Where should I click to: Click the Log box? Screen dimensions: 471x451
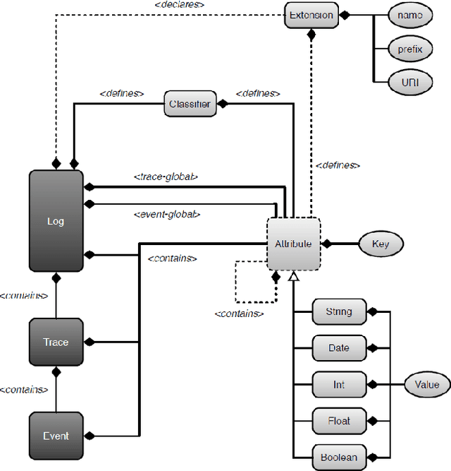pyautogui.click(x=56, y=220)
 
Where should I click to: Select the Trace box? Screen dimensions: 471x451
pyautogui.click(x=56, y=342)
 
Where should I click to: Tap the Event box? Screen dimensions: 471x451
pyautogui.click(x=56, y=436)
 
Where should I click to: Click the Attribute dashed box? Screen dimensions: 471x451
pyautogui.click(x=293, y=244)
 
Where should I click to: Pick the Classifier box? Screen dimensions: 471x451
pyautogui.click(x=190, y=104)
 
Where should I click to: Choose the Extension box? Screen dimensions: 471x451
pyautogui.click(x=311, y=15)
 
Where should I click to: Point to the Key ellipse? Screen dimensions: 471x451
pyautogui.click(x=380, y=244)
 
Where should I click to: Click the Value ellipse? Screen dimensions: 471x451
pyautogui.click(x=426, y=385)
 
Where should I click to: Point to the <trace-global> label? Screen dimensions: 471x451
pyautogui.click(x=165, y=177)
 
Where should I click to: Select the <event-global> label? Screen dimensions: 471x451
pyautogui.click(x=167, y=214)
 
